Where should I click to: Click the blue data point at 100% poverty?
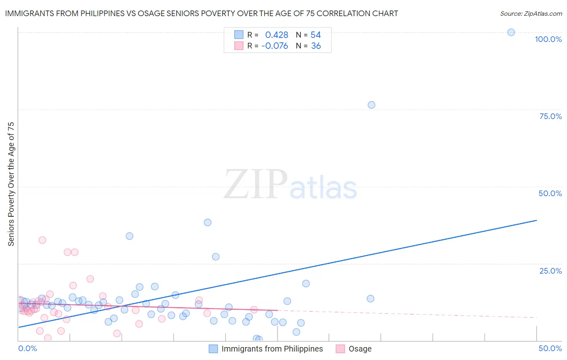click(511, 32)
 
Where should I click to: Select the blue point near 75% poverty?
click(371, 105)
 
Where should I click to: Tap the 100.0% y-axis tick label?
click(548, 39)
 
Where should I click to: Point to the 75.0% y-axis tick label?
click(550, 116)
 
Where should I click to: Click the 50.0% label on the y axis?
click(550, 193)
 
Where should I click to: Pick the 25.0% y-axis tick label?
click(550, 270)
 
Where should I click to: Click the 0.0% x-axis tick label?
click(28, 348)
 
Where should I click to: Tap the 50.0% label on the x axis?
click(550, 348)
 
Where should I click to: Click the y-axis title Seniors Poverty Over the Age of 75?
click(11, 184)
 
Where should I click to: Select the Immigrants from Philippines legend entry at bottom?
click(272, 349)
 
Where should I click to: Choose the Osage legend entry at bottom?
click(360, 349)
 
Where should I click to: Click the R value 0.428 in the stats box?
click(277, 35)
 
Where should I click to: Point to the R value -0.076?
click(275, 46)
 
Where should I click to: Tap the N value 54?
click(316, 35)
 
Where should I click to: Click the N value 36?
click(316, 46)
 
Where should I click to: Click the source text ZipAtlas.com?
click(543, 13)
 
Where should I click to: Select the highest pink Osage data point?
click(42, 240)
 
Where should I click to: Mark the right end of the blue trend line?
click(536, 220)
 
